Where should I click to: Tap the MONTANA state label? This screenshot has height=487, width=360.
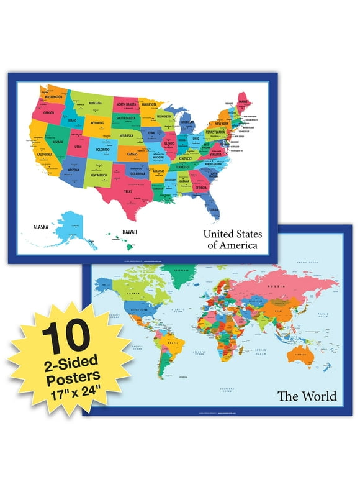pyautogui.click(x=95, y=103)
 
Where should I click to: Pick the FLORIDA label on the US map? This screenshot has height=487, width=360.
pyautogui.click(x=214, y=210)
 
